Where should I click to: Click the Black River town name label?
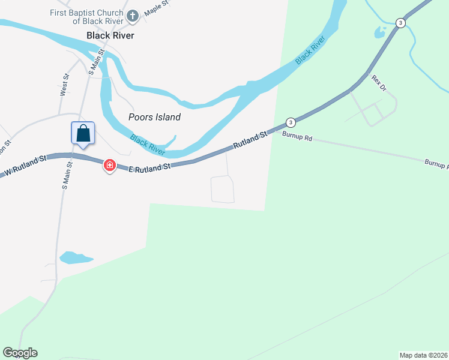click(x=110, y=35)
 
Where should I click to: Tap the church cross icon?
click(x=133, y=16)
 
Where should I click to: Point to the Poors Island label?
click(x=155, y=118)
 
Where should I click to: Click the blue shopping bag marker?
click(x=83, y=133)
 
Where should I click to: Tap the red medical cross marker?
click(x=110, y=165)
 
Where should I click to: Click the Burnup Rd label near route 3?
click(x=297, y=138)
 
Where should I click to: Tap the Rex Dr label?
click(x=378, y=83)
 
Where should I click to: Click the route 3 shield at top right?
click(x=400, y=23)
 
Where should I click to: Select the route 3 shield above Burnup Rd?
click(x=291, y=122)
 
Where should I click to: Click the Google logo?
click(x=20, y=353)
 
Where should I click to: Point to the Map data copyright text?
click(x=423, y=355)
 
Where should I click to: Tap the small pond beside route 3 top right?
click(x=380, y=32)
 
